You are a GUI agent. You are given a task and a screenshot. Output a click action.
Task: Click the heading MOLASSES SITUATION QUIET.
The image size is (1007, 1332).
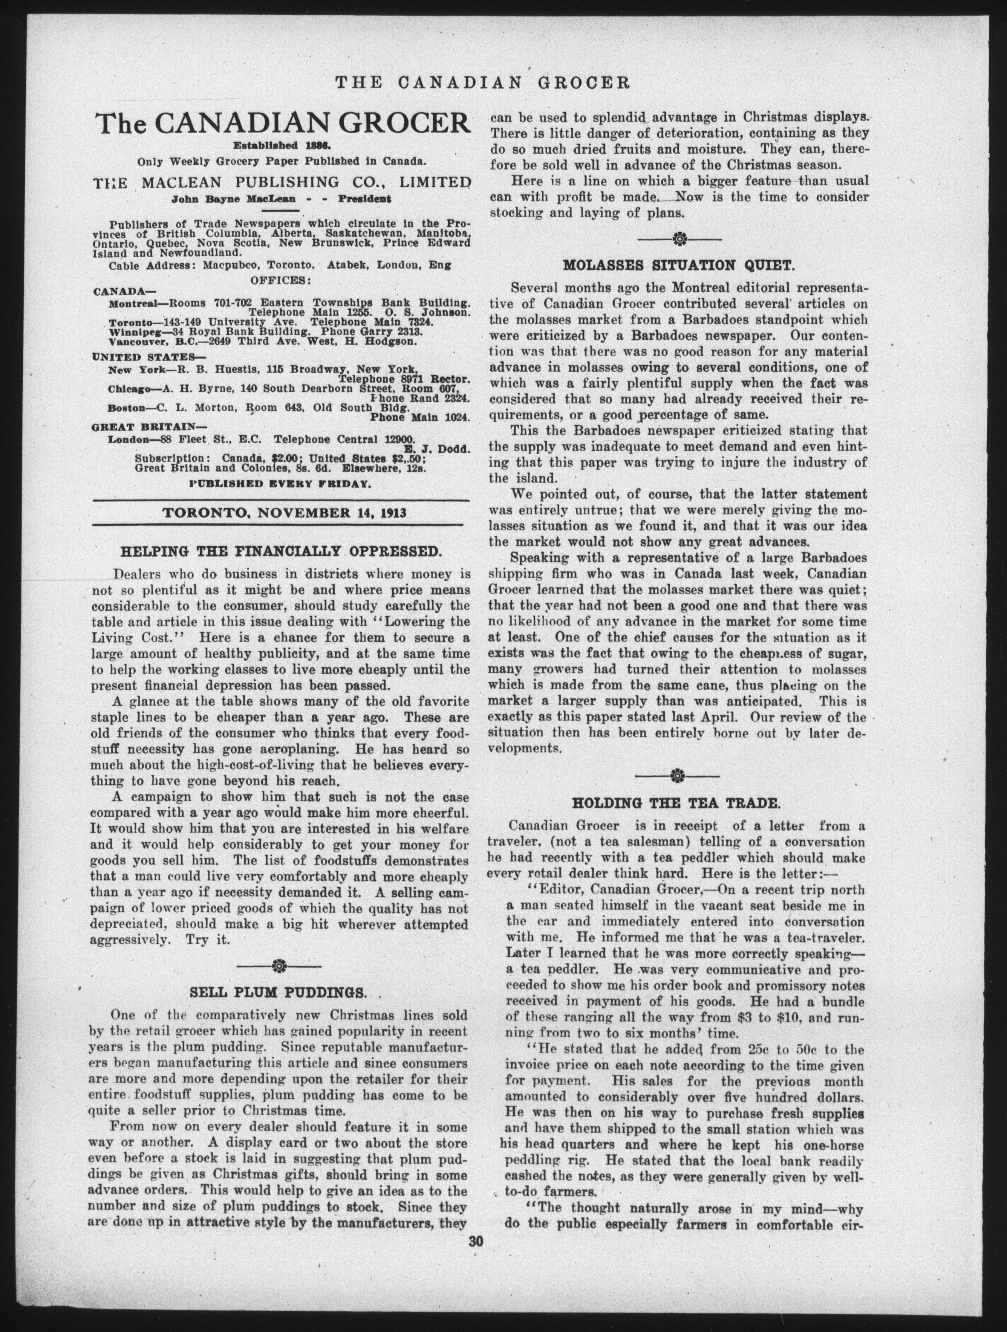679,265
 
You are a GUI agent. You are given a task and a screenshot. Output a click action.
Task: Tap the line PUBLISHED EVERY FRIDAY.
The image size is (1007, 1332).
280,483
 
